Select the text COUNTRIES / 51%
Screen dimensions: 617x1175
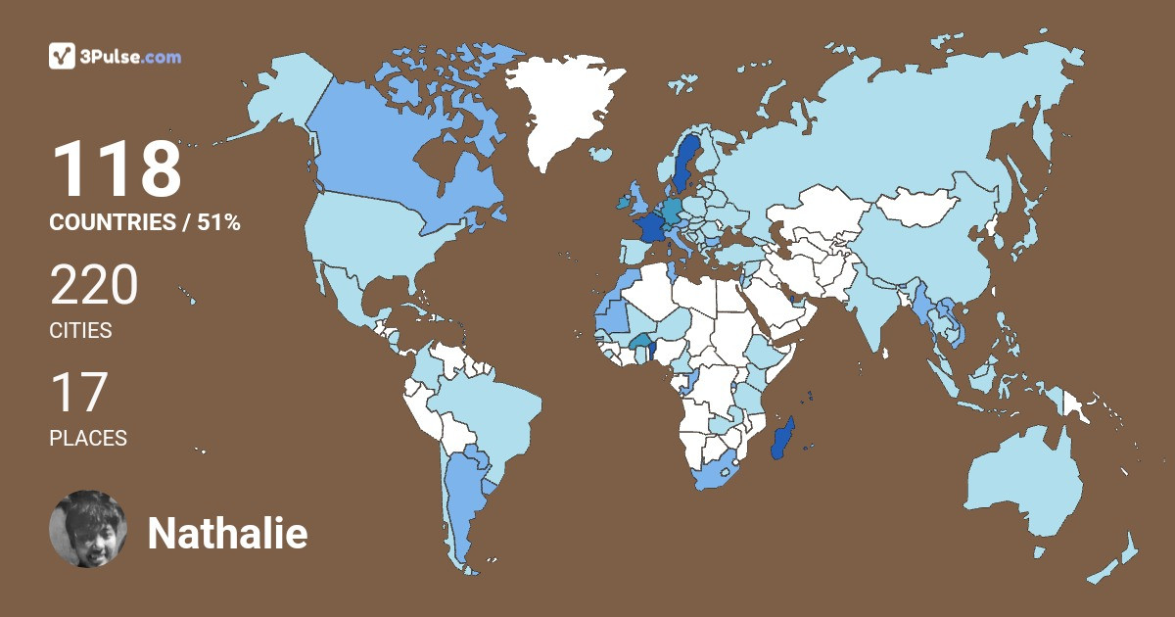point(145,223)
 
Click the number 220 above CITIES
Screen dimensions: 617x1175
point(94,288)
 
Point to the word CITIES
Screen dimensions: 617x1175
point(80,331)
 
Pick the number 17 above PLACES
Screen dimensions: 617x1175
point(78,394)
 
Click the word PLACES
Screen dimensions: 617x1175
point(88,439)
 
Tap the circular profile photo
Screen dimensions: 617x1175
point(88,529)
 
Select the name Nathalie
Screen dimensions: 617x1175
point(227,534)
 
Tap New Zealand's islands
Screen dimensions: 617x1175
point(1116,558)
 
